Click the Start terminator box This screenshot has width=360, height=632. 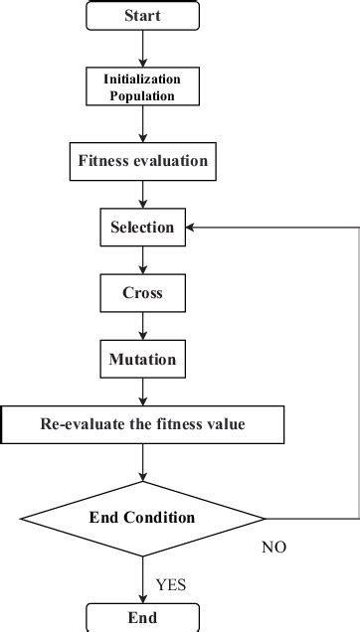click(143, 16)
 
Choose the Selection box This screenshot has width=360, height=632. click(143, 228)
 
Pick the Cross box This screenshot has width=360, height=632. click(143, 294)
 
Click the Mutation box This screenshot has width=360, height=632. click(143, 359)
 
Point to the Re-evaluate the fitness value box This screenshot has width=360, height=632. click(143, 424)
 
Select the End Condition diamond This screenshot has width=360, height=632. click(143, 518)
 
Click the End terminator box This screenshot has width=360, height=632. click(143, 617)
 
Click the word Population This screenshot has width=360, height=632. click(143, 96)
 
